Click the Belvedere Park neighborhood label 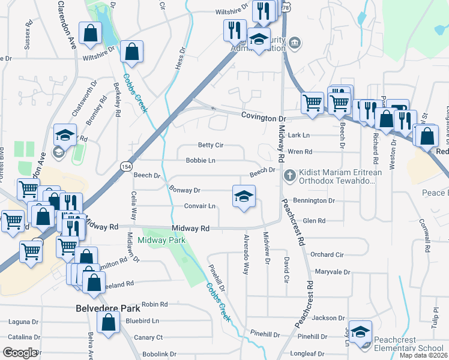point(108,308)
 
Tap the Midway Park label point(161,240)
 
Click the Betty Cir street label point(211,145)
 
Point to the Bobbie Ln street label point(200,161)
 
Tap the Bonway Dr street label point(184,190)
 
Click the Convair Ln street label point(199,206)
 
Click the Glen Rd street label point(314,221)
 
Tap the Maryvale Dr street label point(332,272)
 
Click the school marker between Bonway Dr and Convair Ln point(244,196)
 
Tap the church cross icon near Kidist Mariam point(289,175)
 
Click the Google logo point(20,353)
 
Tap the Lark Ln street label point(298,136)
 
